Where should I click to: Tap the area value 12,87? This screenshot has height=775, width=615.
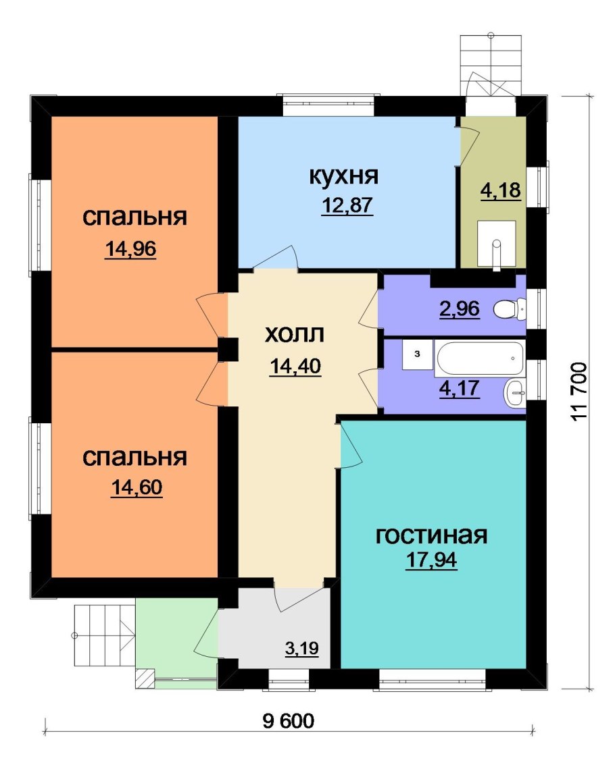coord(347,205)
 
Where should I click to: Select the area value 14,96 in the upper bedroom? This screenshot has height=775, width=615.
coord(131,250)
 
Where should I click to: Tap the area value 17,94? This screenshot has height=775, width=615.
coord(431,561)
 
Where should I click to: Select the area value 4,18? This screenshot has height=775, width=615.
coord(500,191)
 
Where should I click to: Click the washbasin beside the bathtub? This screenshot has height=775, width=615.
coord(516,392)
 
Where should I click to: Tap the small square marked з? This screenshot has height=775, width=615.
coord(416,354)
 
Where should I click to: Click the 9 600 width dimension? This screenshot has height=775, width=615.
coord(289,721)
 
